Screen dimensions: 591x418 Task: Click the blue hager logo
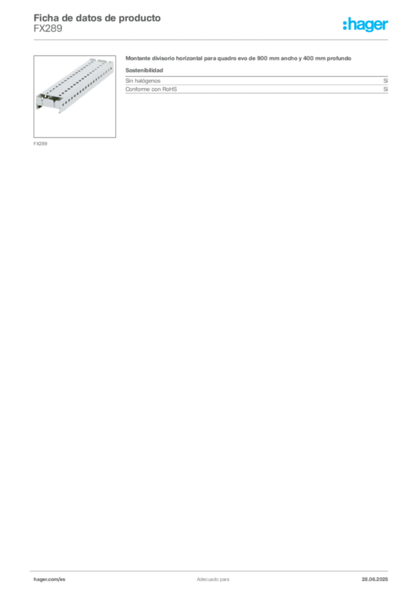(x=367, y=25)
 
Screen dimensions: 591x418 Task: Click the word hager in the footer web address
(x=42, y=579)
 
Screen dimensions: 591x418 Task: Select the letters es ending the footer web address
(x=62, y=579)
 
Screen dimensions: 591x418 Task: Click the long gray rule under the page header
(x=212, y=39)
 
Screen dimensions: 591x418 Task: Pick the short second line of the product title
(x=145, y=70)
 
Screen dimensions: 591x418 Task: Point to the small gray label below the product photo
(x=42, y=143)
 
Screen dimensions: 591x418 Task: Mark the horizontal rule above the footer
(x=212, y=570)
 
